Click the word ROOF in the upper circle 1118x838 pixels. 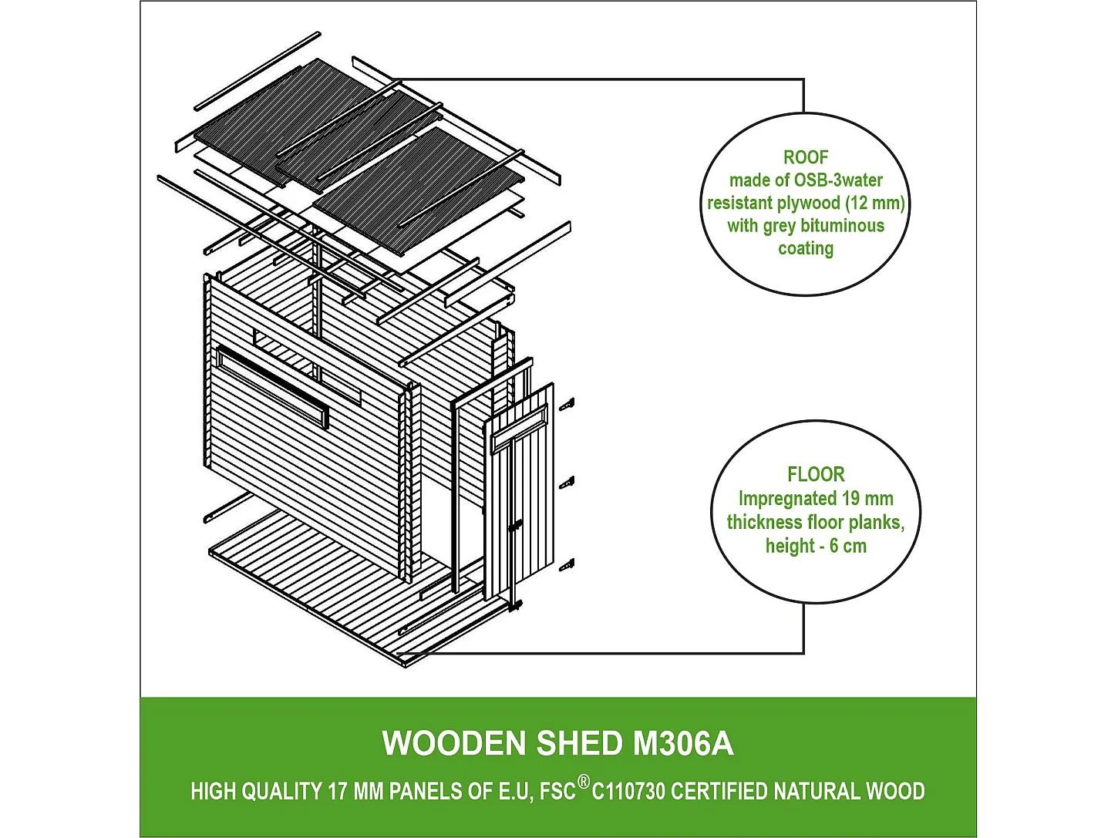(x=806, y=157)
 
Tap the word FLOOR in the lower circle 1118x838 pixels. (x=816, y=474)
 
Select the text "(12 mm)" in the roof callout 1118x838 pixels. (x=875, y=203)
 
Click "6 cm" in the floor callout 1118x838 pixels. (x=847, y=547)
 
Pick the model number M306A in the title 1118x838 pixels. (x=682, y=743)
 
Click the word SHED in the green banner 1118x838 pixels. (x=580, y=743)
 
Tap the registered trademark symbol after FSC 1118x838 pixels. (x=583, y=782)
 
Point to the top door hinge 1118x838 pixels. (x=567, y=405)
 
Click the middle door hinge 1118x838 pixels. (x=567, y=483)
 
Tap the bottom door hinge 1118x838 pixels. (x=567, y=564)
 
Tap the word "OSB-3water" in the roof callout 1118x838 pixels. (x=839, y=180)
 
